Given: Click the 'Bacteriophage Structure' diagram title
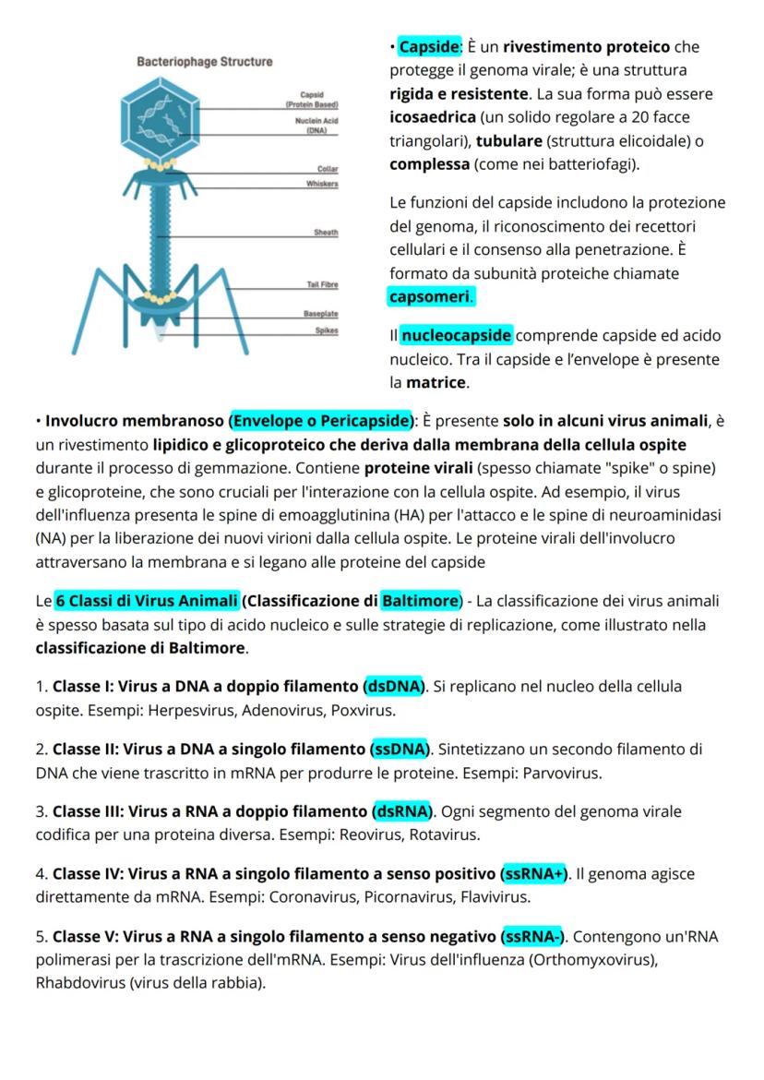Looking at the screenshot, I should coord(205,62).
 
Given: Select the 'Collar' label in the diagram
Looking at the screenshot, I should coord(328,169).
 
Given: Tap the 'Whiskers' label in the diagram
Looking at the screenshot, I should coord(322,184).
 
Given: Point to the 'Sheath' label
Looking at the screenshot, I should coord(326,233).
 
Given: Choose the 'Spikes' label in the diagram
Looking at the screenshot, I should coord(326,330).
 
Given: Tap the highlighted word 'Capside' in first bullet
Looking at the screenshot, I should coord(428,46).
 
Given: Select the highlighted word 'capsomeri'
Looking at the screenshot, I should coord(431,297).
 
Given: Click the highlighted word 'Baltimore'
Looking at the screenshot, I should coord(420,601).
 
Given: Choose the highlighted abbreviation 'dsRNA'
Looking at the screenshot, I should coord(402,811).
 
